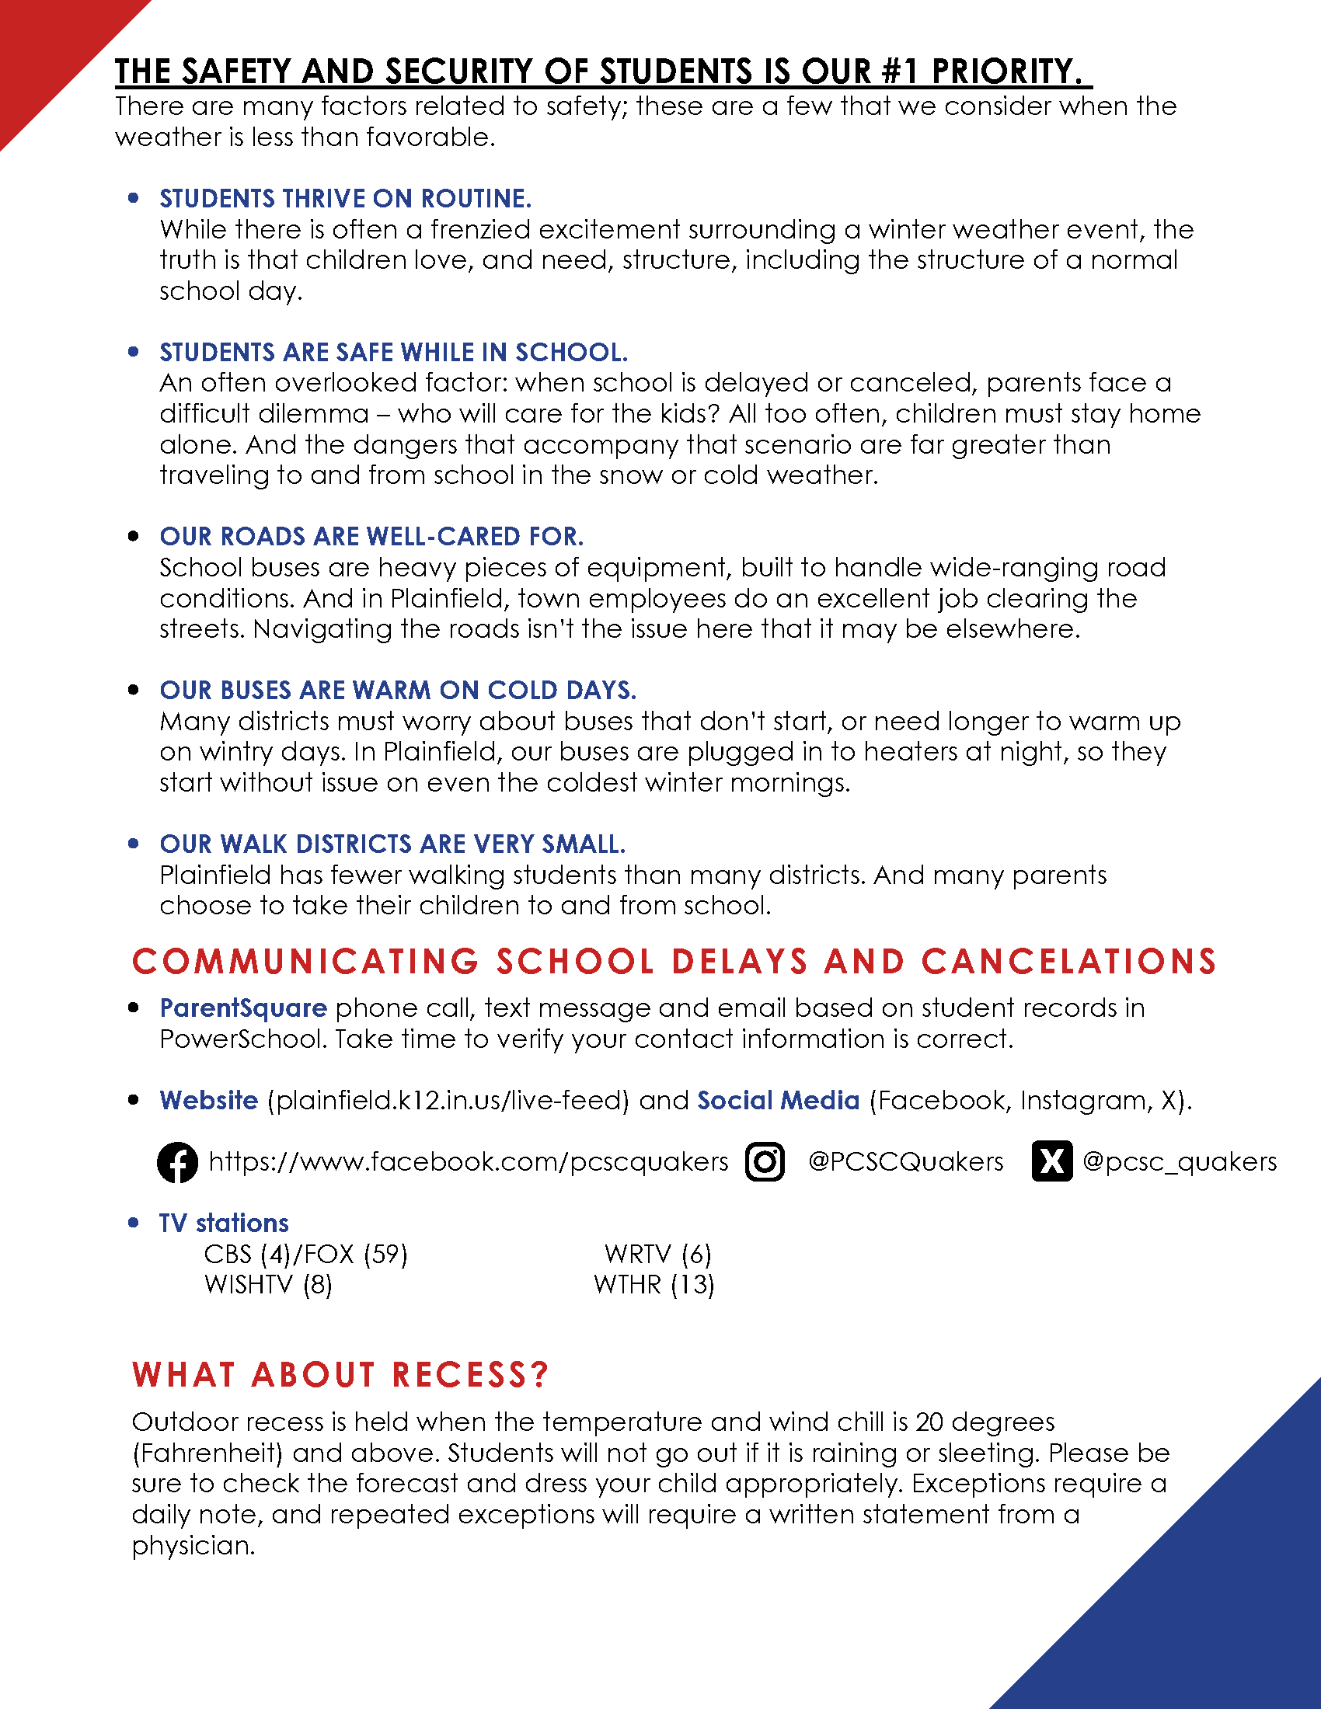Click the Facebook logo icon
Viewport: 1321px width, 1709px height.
178,1162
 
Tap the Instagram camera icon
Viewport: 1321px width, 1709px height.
765,1162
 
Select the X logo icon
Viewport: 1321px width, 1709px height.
1052,1161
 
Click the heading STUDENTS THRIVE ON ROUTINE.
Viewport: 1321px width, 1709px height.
345,199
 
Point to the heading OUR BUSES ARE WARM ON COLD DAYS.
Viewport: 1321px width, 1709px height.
398,690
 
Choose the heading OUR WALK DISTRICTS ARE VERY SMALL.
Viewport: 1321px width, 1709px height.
392,844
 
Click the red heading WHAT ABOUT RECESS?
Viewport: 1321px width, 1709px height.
340,1375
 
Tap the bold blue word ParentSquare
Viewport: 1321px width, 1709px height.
242,1008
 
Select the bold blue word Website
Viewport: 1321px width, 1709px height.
209,1100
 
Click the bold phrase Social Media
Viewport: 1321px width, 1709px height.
778,1100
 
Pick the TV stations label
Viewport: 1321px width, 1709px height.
224,1223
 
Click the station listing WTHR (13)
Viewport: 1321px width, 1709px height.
654,1285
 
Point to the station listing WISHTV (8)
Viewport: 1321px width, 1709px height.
267,1285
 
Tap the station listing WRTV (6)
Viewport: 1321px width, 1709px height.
657,1255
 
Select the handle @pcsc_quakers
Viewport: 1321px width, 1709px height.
1179,1162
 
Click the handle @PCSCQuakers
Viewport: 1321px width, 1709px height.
904,1162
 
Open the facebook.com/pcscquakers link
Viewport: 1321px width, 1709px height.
468,1162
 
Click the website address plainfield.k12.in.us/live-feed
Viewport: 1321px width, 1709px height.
448,1101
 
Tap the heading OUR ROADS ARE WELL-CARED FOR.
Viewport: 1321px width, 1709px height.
371,537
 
